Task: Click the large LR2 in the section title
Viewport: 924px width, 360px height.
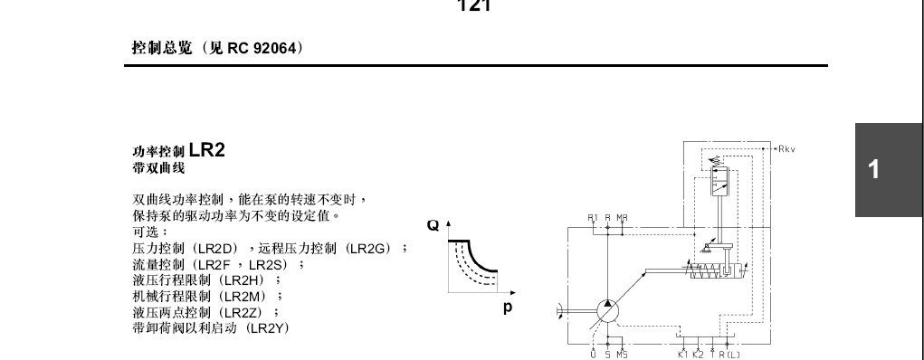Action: click(x=206, y=150)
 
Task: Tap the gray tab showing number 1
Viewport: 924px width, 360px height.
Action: click(x=873, y=169)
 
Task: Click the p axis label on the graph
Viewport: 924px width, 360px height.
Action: click(x=509, y=308)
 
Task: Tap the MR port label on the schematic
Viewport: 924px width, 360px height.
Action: click(x=623, y=217)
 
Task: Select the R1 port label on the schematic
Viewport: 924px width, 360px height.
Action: click(x=593, y=217)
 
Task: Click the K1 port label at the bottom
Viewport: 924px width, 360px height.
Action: click(x=681, y=355)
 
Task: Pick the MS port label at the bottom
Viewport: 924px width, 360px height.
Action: click(x=622, y=355)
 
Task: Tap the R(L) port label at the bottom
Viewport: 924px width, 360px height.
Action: click(x=729, y=355)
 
